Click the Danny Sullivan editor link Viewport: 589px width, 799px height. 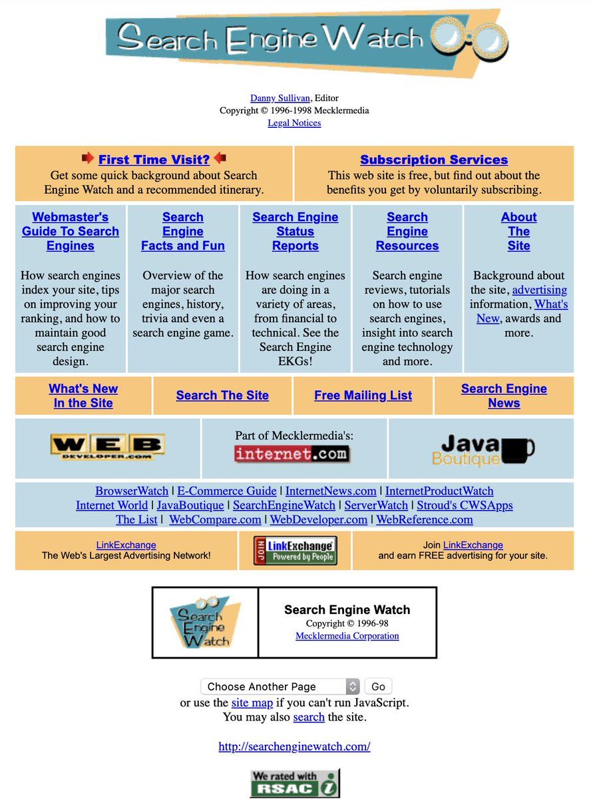click(280, 98)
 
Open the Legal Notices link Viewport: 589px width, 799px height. click(294, 123)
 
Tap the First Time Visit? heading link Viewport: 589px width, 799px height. click(154, 160)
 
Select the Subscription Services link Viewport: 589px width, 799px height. click(434, 160)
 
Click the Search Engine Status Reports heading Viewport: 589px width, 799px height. click(295, 231)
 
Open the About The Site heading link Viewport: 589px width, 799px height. click(518, 231)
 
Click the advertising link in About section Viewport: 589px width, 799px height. click(540, 290)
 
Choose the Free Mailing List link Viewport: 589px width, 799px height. click(363, 396)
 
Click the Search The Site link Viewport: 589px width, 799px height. click(222, 396)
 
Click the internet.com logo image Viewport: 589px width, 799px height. click(292, 455)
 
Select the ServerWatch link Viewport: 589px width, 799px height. click(376, 505)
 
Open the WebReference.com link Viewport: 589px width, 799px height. click(425, 520)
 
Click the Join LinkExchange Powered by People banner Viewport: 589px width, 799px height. click(295, 551)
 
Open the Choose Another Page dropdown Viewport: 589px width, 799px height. click(280, 686)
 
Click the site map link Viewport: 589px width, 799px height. click(252, 702)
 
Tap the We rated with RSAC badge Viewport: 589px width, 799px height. click(294, 783)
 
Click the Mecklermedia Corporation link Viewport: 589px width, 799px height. click(347, 636)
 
